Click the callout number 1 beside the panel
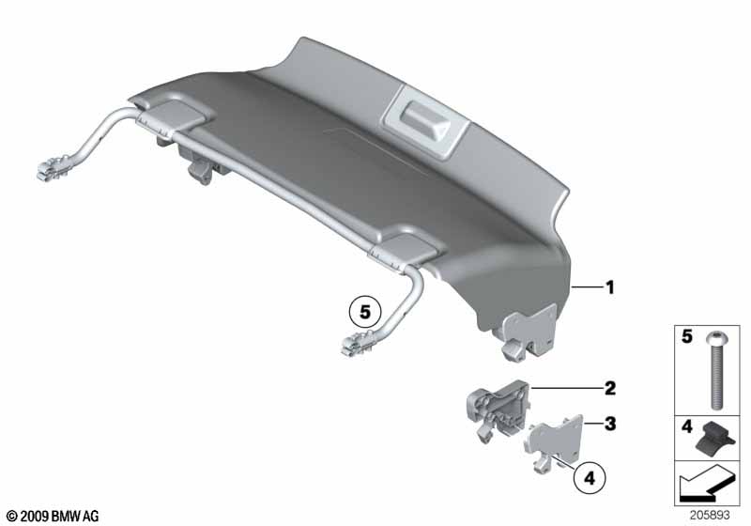tap(609, 288)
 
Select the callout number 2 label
tap(609, 386)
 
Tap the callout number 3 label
tap(609, 425)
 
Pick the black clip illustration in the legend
tap(716, 438)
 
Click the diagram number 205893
tap(713, 517)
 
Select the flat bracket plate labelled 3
tap(554, 441)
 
